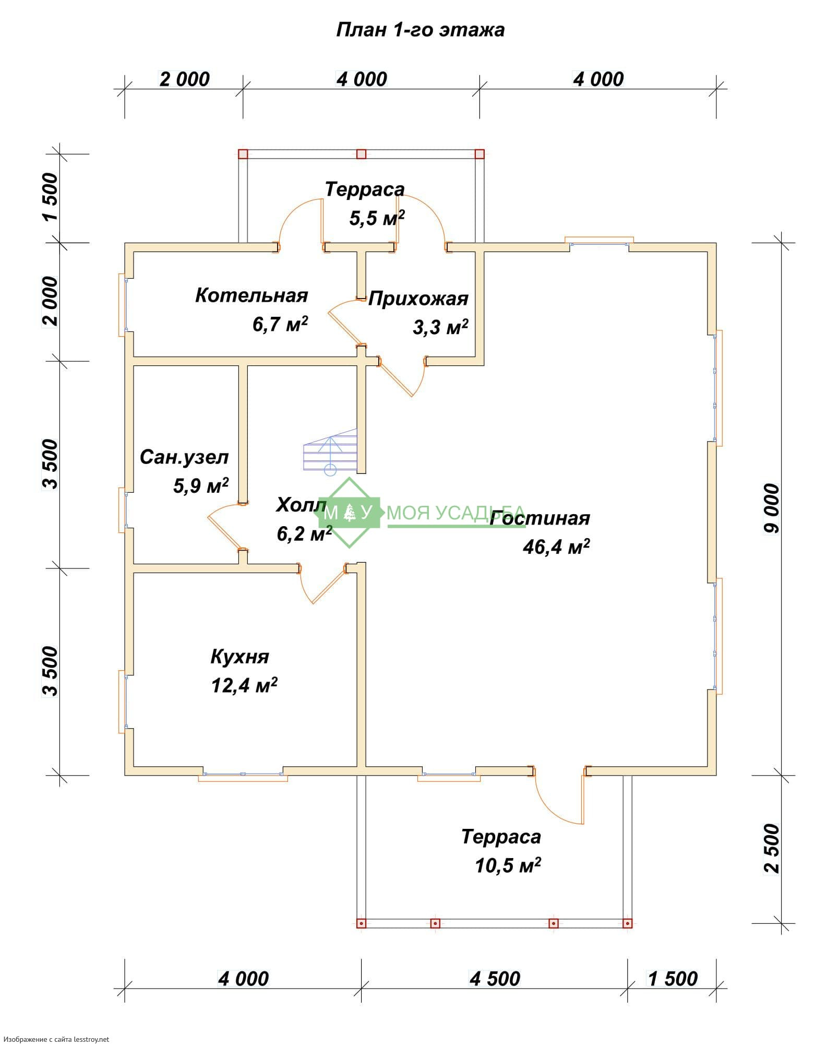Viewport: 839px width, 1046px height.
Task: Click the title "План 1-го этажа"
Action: click(420, 30)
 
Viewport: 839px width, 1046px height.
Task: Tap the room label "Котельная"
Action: click(251, 295)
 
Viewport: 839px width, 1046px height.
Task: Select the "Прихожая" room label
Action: click(418, 299)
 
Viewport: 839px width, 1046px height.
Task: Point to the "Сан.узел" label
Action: click(184, 457)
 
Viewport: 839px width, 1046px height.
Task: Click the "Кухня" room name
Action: click(239, 657)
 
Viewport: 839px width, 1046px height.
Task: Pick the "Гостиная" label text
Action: click(540, 518)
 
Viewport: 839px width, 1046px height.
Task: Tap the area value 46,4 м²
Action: click(556, 546)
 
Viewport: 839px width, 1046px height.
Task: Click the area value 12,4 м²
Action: click(244, 685)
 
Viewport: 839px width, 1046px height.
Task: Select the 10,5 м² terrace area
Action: click(508, 865)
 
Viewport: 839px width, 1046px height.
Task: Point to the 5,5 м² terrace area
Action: click(377, 218)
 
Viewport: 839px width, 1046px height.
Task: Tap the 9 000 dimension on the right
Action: click(771, 509)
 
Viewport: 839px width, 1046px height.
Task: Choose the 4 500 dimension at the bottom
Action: click(495, 979)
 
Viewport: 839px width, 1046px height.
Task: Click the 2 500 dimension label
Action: click(771, 849)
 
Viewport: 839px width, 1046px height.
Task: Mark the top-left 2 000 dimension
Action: click(184, 79)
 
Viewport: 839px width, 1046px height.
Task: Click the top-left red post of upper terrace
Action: click(243, 154)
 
